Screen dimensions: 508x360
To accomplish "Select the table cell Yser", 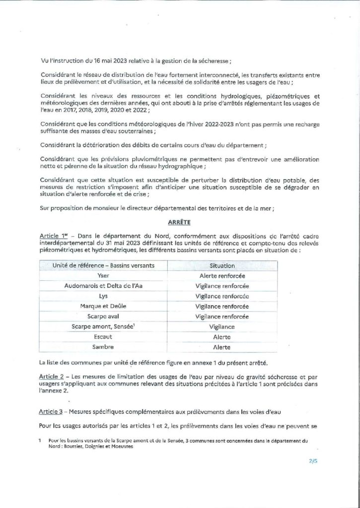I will [104, 276].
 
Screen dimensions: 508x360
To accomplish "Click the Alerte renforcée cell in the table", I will [222, 276].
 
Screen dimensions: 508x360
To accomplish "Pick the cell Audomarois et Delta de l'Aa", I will [104, 286].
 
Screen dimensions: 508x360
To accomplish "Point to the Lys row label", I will [104, 296].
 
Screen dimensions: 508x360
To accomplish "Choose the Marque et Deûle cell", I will [104, 307].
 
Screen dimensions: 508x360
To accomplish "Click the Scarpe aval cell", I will [104, 317].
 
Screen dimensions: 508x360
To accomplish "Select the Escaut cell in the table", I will [104, 337].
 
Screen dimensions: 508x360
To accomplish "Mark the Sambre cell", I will [104, 347].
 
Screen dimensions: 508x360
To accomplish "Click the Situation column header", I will [222, 265].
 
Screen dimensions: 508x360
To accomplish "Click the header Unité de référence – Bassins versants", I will [104, 265].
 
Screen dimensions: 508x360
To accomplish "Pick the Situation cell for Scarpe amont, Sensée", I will [222, 327].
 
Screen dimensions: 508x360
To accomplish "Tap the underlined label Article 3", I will [51, 412].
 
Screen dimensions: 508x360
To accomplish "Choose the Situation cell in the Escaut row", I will [222, 337].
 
